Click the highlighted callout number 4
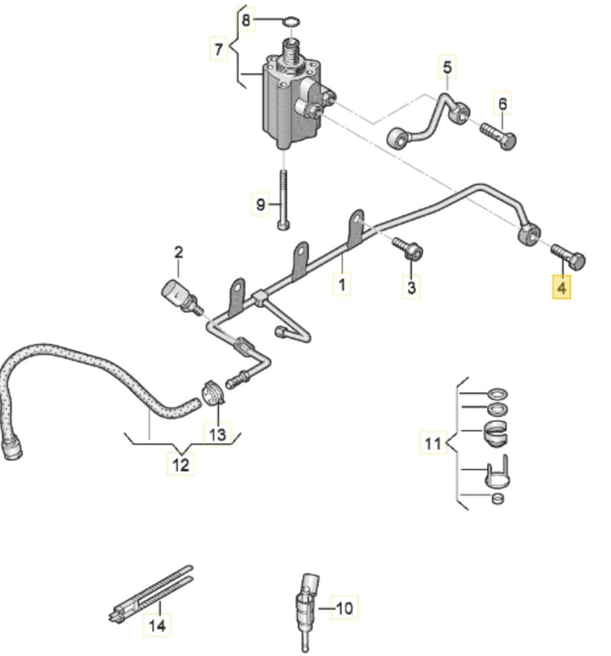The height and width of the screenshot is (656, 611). [x=561, y=287]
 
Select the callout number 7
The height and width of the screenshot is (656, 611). [x=218, y=49]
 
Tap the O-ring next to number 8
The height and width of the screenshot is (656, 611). [x=291, y=21]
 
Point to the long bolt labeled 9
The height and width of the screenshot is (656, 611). [x=283, y=199]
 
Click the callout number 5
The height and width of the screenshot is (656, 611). [x=447, y=67]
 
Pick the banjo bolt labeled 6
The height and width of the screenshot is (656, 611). [x=499, y=134]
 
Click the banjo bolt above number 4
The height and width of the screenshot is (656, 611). [x=568, y=256]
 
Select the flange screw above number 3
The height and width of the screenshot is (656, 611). [x=407, y=249]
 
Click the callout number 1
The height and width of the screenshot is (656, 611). [x=342, y=284]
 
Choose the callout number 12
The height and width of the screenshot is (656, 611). [x=181, y=464]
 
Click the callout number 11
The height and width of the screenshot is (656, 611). [x=433, y=443]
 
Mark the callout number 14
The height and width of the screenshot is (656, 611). [x=157, y=625]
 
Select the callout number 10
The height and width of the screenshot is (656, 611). [x=345, y=608]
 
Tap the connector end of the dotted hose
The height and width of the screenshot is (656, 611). [x=11, y=447]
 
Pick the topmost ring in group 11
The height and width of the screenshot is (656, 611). [x=497, y=394]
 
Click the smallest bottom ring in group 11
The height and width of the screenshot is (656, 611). [x=497, y=498]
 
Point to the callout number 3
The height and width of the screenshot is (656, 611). [x=412, y=287]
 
